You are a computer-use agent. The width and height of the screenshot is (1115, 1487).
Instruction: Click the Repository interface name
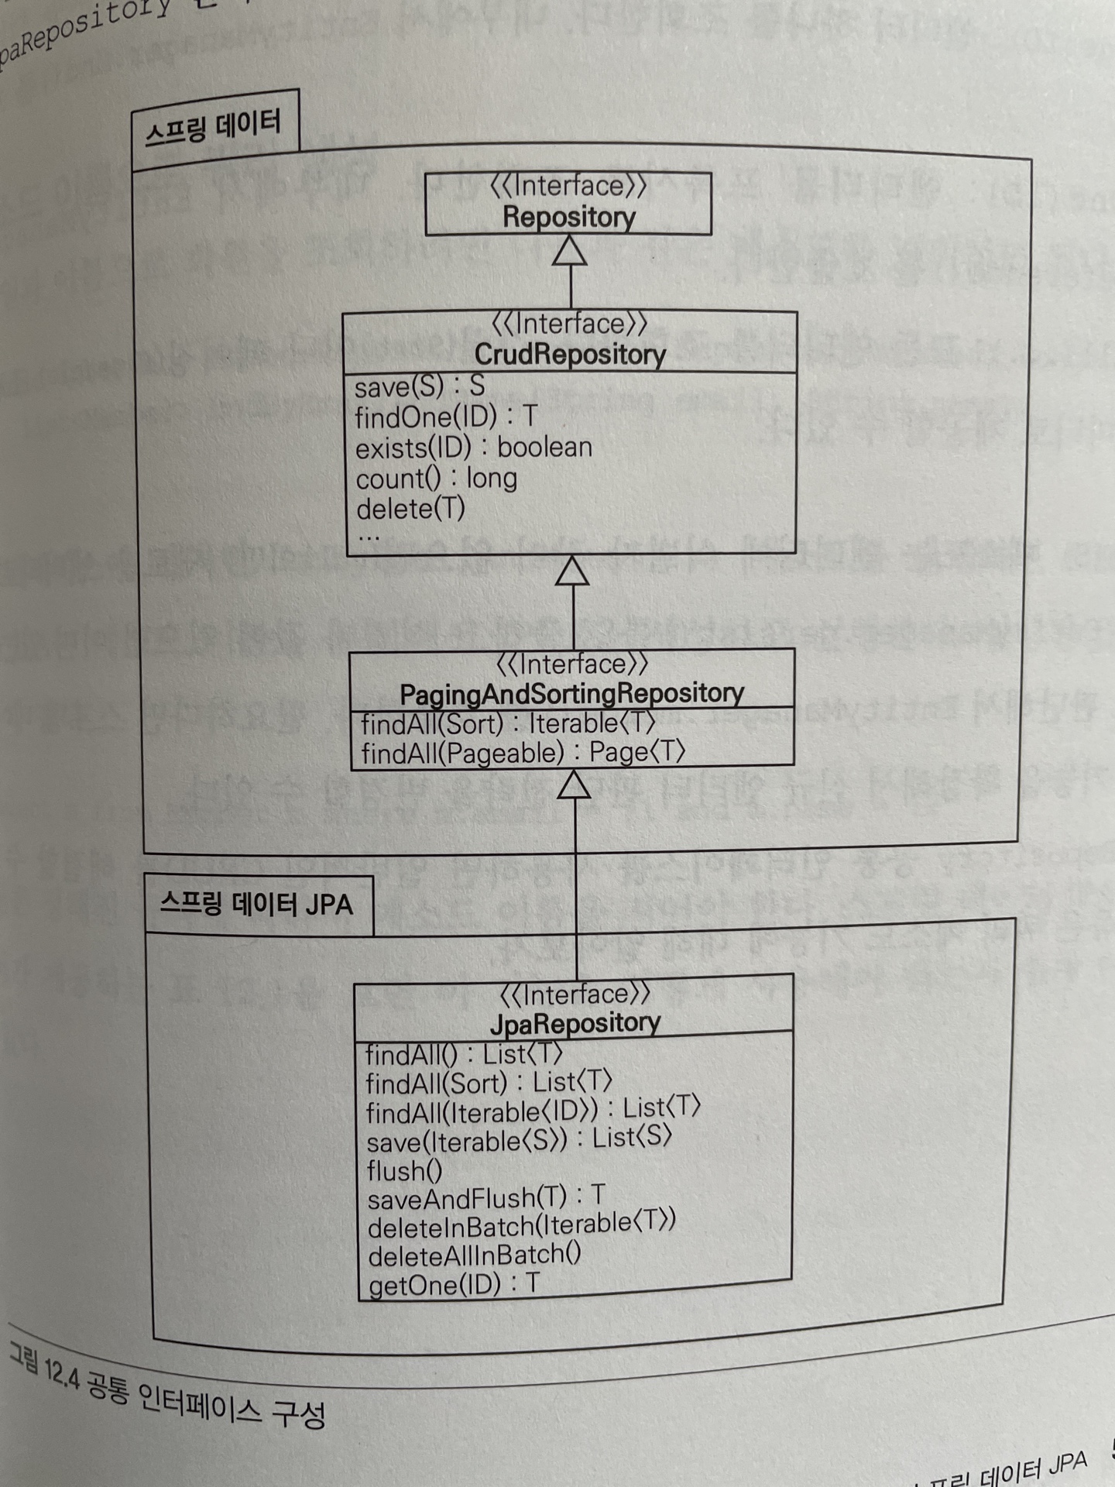click(x=569, y=217)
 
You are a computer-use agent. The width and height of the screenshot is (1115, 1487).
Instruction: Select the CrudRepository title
click(x=570, y=355)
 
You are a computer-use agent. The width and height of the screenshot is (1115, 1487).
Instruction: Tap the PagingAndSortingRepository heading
click(x=571, y=693)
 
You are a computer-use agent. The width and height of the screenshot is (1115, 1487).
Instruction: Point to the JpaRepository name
click(x=575, y=1023)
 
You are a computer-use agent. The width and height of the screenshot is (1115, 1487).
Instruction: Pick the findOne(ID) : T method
click(x=445, y=417)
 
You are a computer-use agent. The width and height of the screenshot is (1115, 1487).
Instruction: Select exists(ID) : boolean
click(x=473, y=448)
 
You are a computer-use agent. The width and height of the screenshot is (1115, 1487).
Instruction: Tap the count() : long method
click(x=436, y=479)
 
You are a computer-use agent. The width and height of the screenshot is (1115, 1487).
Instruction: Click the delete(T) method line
click(x=410, y=509)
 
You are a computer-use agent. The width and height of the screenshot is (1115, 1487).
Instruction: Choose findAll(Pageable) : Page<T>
click(x=523, y=753)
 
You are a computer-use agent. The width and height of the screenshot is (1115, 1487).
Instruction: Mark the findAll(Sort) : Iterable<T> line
click(x=508, y=723)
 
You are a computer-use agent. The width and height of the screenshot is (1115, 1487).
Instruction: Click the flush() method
click(x=404, y=1170)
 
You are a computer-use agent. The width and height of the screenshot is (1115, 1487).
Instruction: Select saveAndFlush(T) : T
click(x=485, y=1198)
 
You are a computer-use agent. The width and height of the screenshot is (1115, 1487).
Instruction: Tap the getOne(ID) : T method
click(x=454, y=1285)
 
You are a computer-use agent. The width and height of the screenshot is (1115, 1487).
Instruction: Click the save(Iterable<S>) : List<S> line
click(x=519, y=1140)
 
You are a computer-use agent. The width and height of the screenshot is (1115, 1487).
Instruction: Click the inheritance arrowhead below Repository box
click(x=570, y=251)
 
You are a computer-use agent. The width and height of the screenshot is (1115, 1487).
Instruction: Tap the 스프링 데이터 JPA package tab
click(x=256, y=905)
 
